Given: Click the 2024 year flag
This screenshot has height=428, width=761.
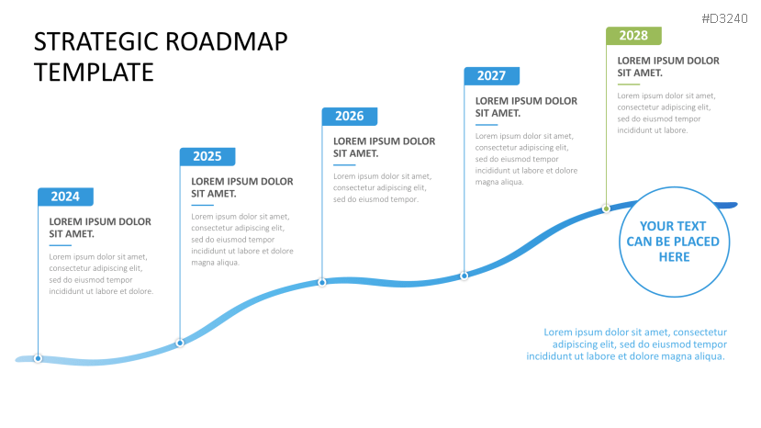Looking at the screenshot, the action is click(x=65, y=197).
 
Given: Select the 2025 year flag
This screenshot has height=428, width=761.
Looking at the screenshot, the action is click(x=207, y=156).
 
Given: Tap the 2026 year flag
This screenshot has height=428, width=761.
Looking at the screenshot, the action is click(x=350, y=116).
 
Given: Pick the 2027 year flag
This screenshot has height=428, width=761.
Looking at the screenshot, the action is click(x=492, y=76).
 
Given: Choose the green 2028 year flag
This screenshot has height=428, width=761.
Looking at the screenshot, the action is click(x=633, y=36).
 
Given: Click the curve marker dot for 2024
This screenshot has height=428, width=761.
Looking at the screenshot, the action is click(x=38, y=358).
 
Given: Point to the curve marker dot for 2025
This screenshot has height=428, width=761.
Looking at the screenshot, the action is click(x=180, y=343).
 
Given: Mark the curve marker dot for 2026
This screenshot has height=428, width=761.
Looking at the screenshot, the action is click(x=322, y=282).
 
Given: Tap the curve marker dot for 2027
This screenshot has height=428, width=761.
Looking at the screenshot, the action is click(x=464, y=276).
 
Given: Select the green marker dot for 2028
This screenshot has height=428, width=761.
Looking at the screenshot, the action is click(x=606, y=208).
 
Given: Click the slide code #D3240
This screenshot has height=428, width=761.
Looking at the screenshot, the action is click(x=724, y=19).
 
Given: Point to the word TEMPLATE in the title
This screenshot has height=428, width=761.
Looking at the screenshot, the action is click(x=94, y=73).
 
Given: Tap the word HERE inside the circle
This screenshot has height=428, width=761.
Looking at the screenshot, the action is click(x=674, y=257).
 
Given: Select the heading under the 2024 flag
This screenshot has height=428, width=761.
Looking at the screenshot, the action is click(x=100, y=228).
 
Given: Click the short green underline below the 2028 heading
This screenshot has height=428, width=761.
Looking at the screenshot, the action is click(x=629, y=84).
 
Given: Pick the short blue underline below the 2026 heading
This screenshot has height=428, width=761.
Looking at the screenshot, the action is click(x=344, y=165).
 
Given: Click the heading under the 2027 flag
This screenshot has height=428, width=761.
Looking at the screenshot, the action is click(x=526, y=107).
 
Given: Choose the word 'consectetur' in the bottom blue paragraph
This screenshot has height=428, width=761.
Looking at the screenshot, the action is click(x=699, y=332).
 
